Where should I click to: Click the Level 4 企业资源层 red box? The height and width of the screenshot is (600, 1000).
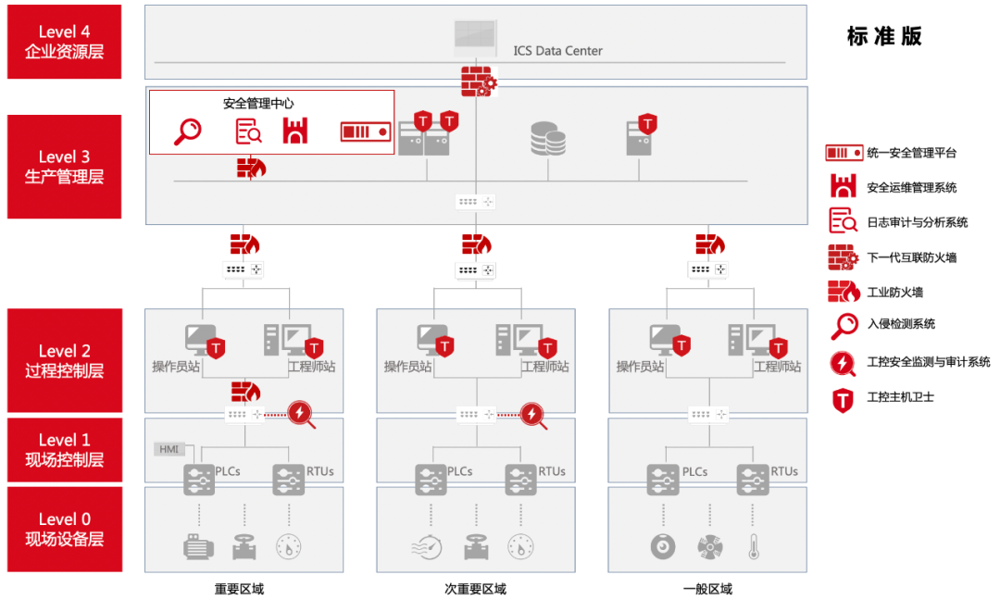point(65,42)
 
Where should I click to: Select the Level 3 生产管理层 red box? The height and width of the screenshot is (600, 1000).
point(65,167)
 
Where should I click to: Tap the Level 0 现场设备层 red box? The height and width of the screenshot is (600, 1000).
point(65,530)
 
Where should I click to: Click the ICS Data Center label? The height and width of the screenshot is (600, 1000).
point(557,51)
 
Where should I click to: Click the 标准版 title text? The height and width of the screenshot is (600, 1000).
point(884,36)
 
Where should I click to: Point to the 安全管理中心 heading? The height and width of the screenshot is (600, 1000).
point(258,104)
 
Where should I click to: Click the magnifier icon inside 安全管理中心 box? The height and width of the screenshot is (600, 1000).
point(187,131)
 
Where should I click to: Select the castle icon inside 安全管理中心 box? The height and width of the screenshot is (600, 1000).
point(295,131)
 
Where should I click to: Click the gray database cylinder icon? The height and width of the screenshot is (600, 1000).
point(548,139)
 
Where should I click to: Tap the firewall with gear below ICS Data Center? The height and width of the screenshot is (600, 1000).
point(479,81)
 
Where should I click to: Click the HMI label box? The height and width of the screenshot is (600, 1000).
point(169,449)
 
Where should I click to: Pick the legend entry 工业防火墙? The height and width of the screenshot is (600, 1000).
point(894,293)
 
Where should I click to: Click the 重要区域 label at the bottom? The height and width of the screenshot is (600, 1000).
point(239,589)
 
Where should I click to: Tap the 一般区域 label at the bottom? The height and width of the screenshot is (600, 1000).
point(707,589)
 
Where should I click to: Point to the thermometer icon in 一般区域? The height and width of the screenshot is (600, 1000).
point(754,547)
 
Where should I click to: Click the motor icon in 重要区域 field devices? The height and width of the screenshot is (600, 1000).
point(198,547)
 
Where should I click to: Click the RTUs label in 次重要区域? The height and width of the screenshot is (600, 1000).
point(552,471)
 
